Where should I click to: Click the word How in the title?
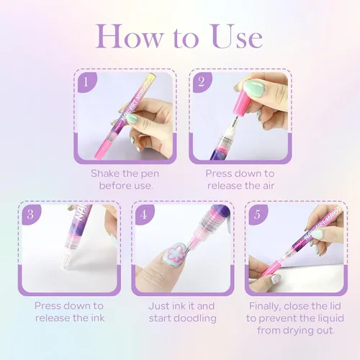[x=129, y=36]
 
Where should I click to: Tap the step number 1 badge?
[x=86, y=82]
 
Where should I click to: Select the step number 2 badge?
[x=202, y=82]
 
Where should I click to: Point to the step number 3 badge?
[x=31, y=215]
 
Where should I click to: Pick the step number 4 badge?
[x=144, y=215]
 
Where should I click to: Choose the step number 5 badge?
[x=257, y=215]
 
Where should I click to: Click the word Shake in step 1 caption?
[x=106, y=174]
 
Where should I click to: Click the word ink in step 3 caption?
[x=98, y=318]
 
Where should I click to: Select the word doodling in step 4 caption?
[x=194, y=318]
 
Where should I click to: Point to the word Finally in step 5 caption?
[x=265, y=307]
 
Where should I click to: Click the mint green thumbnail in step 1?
[x=132, y=118]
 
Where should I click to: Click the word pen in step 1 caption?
[x=150, y=174]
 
